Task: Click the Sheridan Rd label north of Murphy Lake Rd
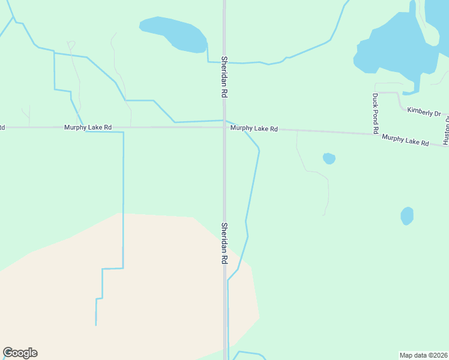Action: click(223, 77)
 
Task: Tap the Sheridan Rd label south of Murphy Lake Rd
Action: click(223, 244)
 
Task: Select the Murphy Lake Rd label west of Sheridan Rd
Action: click(88, 128)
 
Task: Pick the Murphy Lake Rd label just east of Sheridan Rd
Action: click(254, 128)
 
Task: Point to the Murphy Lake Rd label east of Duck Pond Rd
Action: click(405, 140)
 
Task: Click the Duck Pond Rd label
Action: click(375, 113)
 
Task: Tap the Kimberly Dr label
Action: click(424, 112)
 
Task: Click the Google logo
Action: click(20, 353)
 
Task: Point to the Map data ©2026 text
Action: click(424, 355)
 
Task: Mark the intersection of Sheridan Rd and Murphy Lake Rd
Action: click(224, 127)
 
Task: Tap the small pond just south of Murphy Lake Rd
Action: click(329, 158)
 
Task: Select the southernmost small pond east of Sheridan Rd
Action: click(407, 215)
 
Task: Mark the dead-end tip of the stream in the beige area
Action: click(96, 325)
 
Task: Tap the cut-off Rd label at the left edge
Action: click(2, 127)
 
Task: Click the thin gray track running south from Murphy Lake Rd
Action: click(312, 172)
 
